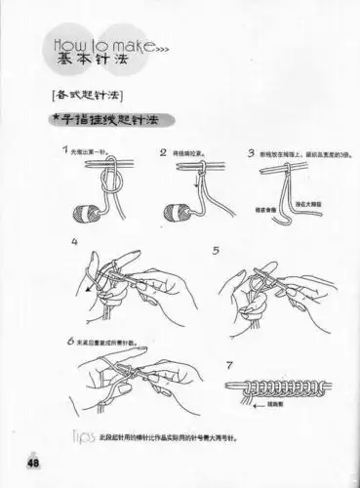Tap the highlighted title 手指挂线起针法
(101, 120)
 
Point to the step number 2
(164, 153)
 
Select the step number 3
(252, 153)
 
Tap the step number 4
(74, 242)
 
